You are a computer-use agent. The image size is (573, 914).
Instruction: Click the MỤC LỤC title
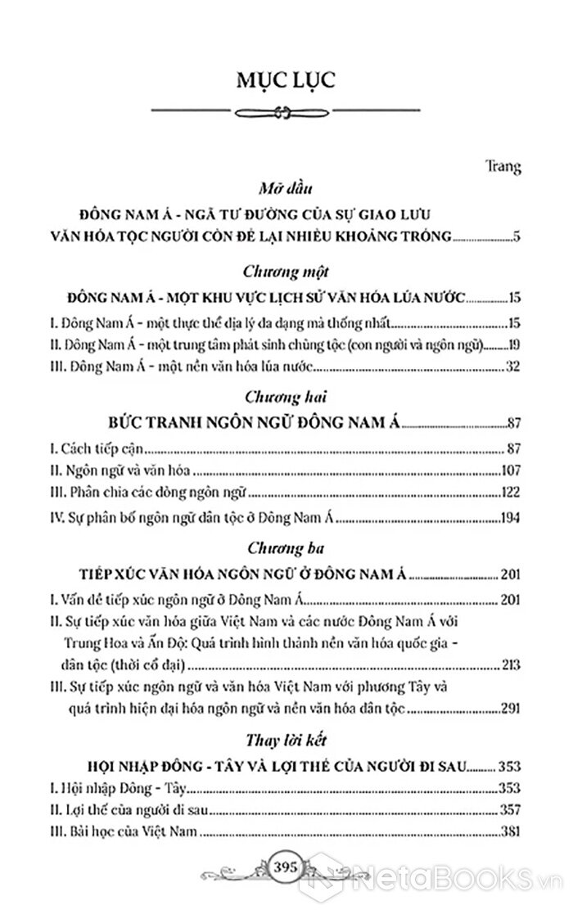(286, 80)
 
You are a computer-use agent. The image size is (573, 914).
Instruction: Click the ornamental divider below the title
(286, 113)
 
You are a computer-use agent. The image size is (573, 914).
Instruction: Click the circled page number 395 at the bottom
(286, 887)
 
